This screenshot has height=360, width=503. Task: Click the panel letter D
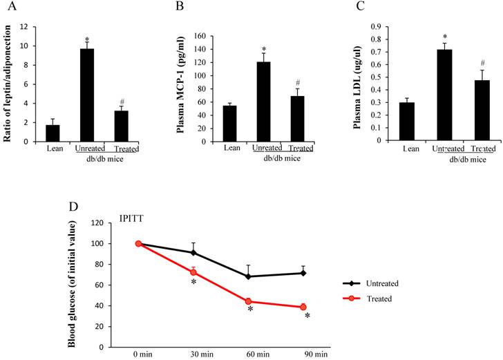(x=74, y=207)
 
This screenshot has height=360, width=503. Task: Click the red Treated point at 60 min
(x=248, y=301)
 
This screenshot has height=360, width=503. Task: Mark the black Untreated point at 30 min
(x=193, y=252)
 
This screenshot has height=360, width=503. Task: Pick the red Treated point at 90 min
(x=303, y=307)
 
